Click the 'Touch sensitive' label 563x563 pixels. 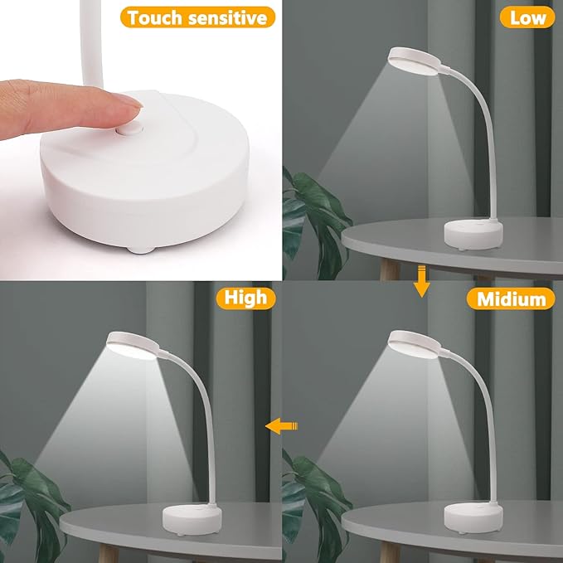tap(197, 17)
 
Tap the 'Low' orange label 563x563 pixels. tap(527, 17)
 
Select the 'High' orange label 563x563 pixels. tap(246, 298)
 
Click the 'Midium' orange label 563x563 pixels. tap(511, 298)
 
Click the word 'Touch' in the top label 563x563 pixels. tap(155, 17)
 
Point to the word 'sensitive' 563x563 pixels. tap(228, 17)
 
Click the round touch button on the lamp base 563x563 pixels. tap(130, 129)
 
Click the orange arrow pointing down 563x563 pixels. tap(421, 281)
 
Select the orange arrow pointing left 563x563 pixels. tap(282, 426)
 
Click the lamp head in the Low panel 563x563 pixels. tap(415, 61)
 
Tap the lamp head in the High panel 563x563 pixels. tap(133, 346)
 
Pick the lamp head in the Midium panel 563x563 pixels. tap(415, 344)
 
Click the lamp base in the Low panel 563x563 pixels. tap(473, 235)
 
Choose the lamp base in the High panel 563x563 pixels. tap(192, 520)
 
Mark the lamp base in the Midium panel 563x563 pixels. tap(473, 518)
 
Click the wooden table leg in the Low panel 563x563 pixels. tap(390, 270)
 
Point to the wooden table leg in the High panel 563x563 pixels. tap(109, 554)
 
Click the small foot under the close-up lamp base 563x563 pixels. tap(141, 249)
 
